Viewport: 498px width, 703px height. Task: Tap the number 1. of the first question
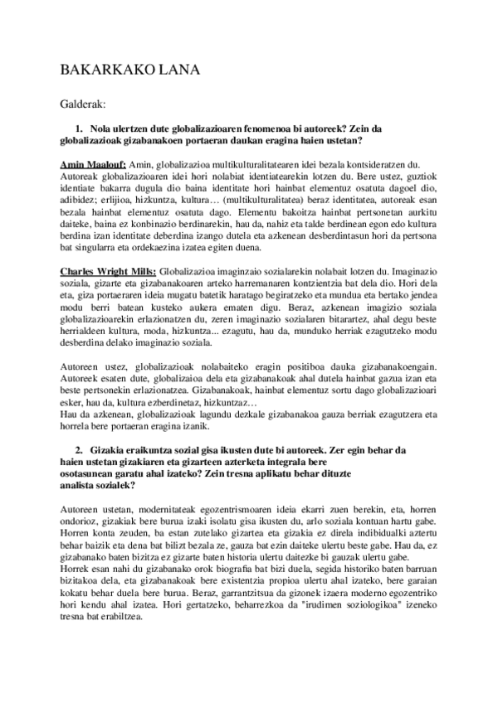[80, 130]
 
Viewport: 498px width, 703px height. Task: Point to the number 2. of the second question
[80, 449]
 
